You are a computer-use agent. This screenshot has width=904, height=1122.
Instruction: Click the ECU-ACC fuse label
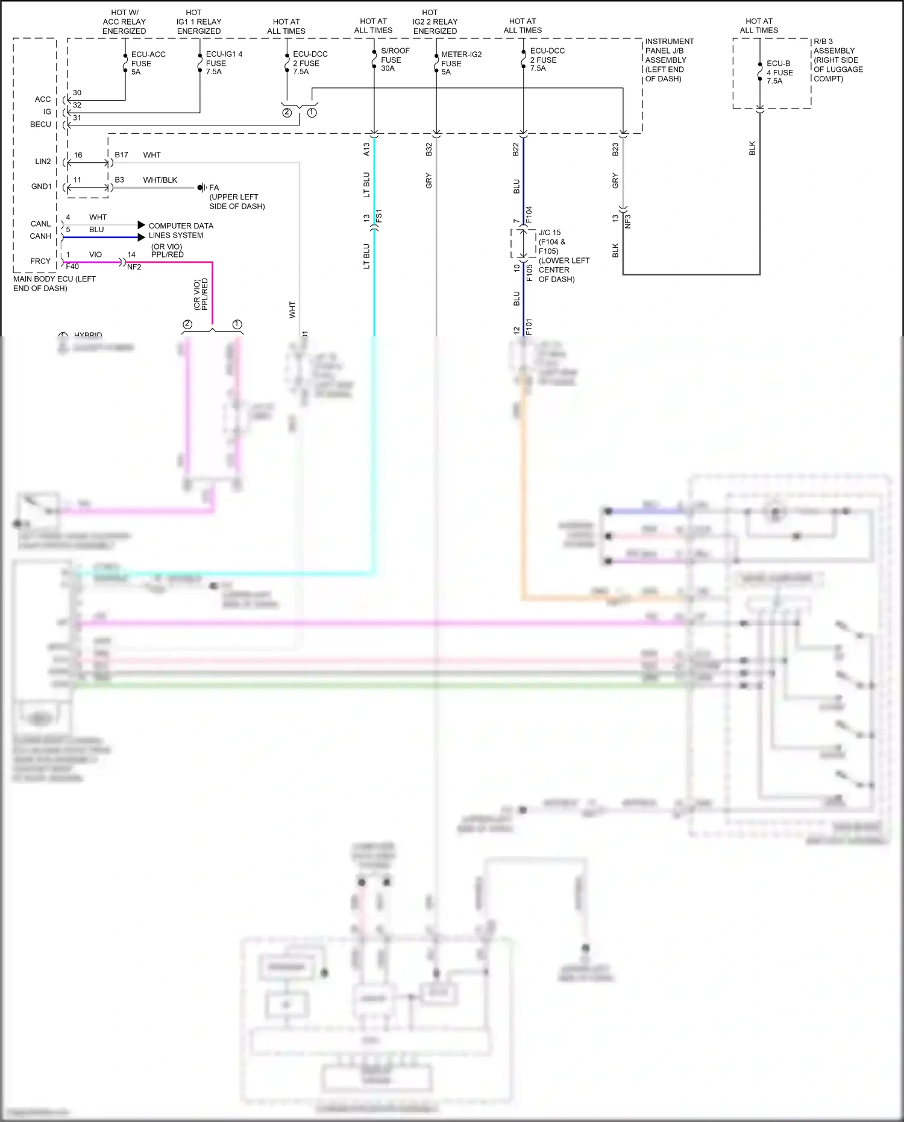(148, 63)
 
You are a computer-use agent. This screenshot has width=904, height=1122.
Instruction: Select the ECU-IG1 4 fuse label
(224, 63)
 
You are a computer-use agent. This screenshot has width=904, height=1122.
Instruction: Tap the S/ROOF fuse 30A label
(395, 60)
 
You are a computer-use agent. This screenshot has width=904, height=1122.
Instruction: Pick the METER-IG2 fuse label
(461, 63)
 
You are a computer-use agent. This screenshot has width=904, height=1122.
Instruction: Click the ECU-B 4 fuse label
(779, 72)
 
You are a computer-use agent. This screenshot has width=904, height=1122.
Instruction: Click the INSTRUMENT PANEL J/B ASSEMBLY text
(669, 60)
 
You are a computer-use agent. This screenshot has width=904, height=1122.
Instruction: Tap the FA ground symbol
(202, 188)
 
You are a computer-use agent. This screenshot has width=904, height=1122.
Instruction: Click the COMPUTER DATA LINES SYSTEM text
(180, 230)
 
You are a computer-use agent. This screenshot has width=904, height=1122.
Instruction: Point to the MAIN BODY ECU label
(54, 283)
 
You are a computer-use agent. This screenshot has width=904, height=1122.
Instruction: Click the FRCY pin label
(40, 261)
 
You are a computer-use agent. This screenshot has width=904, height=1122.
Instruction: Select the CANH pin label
(40, 236)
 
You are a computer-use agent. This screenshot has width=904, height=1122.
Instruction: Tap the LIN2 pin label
(43, 162)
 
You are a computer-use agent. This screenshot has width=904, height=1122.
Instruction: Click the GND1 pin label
(42, 186)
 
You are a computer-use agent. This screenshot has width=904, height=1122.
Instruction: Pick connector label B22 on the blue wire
(516, 150)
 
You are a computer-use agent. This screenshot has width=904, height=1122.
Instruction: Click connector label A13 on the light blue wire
(366, 150)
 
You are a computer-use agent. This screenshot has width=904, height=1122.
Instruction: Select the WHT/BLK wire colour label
(160, 180)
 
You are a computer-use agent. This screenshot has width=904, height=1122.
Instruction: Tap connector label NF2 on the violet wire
(134, 267)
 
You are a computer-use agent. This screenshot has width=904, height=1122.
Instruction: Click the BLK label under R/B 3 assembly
(752, 148)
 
